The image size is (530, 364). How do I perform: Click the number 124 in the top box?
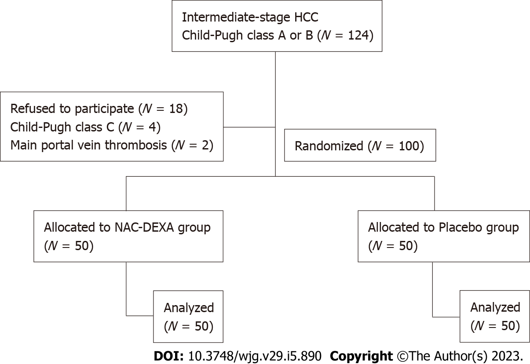(x=357, y=35)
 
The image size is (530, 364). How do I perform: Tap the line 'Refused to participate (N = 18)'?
(x=99, y=109)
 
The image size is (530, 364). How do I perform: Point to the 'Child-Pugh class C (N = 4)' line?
(x=85, y=127)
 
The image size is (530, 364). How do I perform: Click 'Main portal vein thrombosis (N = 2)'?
(x=112, y=146)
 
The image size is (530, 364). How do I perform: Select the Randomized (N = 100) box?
(x=359, y=146)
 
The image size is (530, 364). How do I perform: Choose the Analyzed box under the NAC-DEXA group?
(x=188, y=317)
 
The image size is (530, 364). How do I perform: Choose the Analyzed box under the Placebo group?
(x=494, y=317)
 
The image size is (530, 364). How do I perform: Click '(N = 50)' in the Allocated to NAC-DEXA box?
(x=69, y=246)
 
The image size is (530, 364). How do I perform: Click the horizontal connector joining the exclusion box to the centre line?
(x=249, y=127)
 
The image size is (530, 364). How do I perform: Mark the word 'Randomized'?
(x=328, y=146)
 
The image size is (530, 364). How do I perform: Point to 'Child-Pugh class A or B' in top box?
(x=245, y=35)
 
